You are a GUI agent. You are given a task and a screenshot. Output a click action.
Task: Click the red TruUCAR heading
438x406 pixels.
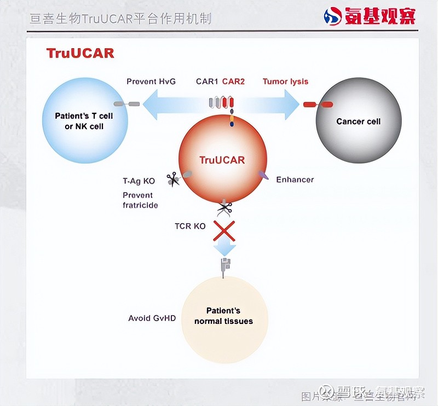click(80, 53)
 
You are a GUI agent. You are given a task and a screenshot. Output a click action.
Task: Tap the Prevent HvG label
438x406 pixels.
click(151, 82)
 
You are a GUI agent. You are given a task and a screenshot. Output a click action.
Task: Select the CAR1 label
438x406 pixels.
click(207, 82)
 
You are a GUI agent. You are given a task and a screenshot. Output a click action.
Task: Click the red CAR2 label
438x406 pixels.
click(233, 82)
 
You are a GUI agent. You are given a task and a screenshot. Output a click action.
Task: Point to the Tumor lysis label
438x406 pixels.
click(285, 82)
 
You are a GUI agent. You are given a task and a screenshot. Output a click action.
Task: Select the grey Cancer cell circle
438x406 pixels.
click(359, 121)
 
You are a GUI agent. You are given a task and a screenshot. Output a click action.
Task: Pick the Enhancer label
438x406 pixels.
click(295, 179)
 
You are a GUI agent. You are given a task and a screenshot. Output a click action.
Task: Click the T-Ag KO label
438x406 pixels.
click(139, 181)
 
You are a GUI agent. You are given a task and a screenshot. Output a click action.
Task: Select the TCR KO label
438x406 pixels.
click(190, 226)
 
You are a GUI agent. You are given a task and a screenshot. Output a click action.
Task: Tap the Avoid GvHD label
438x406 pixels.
click(152, 318)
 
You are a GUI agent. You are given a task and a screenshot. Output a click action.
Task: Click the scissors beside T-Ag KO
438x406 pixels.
click(173, 179)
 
